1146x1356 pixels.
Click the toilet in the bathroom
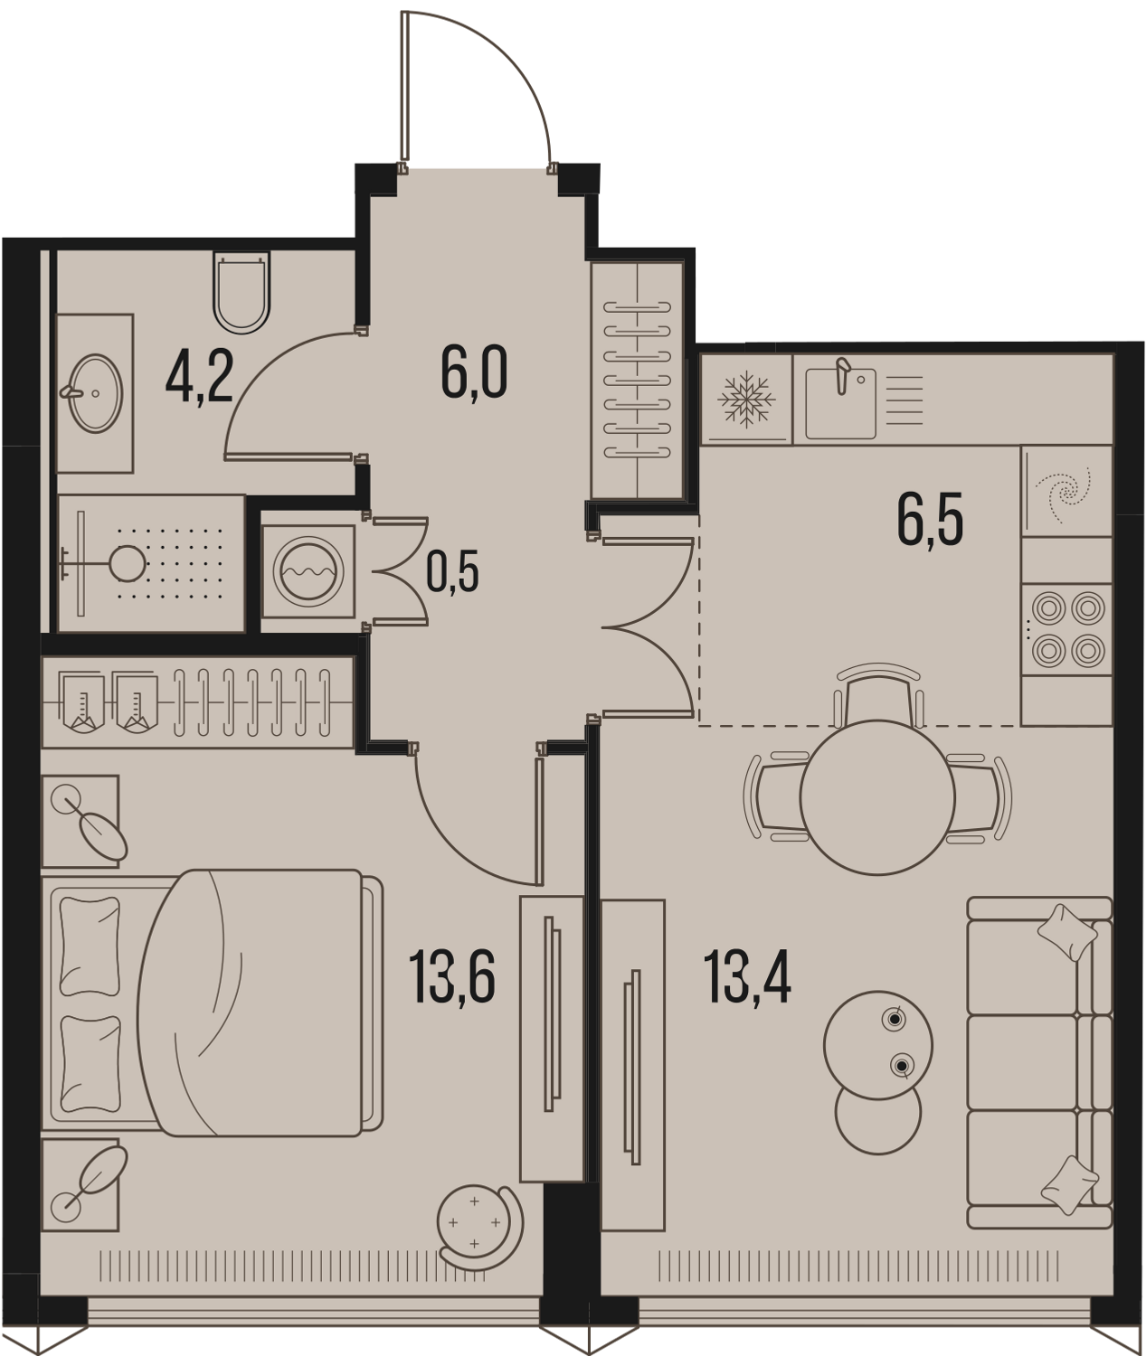[x=242, y=292]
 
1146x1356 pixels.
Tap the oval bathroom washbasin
[x=96, y=393]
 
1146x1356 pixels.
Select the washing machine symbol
[x=308, y=570]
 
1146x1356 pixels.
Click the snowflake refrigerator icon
[x=746, y=399]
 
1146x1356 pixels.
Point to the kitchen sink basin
[x=840, y=403]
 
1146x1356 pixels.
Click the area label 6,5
[x=931, y=520]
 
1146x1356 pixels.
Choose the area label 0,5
[x=453, y=571]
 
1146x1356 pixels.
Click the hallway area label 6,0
[x=474, y=372]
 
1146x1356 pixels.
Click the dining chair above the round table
[x=877, y=693]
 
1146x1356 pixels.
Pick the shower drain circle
[x=128, y=562]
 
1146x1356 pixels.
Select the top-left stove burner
[x=1047, y=609]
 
